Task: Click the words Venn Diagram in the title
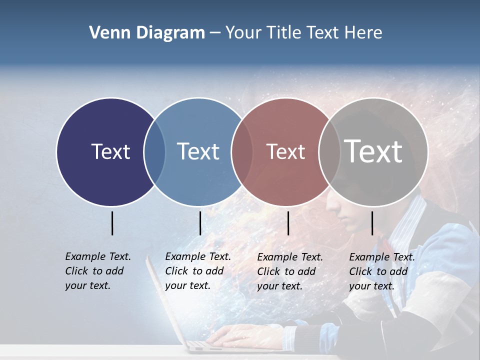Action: (146, 33)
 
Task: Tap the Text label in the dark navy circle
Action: (110, 151)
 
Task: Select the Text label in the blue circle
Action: (198, 151)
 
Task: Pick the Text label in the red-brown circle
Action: (285, 151)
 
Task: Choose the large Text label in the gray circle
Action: (373, 151)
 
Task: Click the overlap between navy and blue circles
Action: (154, 152)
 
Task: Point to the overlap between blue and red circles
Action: (242, 152)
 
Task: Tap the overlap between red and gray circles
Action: (329, 152)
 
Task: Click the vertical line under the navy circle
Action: (112, 223)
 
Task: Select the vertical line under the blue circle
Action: (200, 223)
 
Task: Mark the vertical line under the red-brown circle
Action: (288, 223)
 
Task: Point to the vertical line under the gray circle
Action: (372, 223)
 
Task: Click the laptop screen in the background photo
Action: (165, 300)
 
